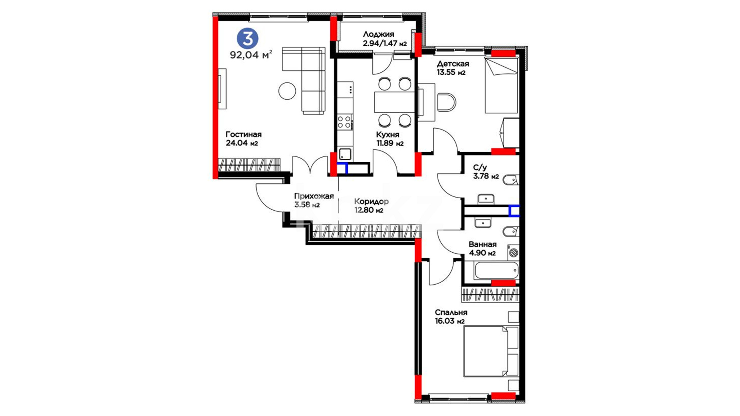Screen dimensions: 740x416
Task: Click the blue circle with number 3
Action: point(247,39)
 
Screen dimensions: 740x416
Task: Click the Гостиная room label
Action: point(244,134)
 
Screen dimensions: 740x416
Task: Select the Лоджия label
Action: point(378,35)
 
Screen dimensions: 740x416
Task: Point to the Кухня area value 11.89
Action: point(385,144)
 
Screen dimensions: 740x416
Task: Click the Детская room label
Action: point(453,64)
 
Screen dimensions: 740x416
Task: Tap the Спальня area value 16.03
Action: point(444,321)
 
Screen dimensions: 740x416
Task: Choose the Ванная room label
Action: point(483,244)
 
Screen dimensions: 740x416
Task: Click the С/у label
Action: point(480,168)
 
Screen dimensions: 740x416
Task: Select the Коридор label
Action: point(371,201)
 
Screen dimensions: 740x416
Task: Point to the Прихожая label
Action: point(314,196)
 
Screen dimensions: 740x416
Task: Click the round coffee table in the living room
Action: point(287,91)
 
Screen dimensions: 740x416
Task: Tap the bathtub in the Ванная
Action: point(496,271)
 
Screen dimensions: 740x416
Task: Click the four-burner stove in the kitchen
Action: point(345,122)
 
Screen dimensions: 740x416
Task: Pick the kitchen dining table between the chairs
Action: point(394,102)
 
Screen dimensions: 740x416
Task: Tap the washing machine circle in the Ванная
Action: point(513,253)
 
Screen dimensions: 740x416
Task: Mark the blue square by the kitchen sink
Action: point(343,168)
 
